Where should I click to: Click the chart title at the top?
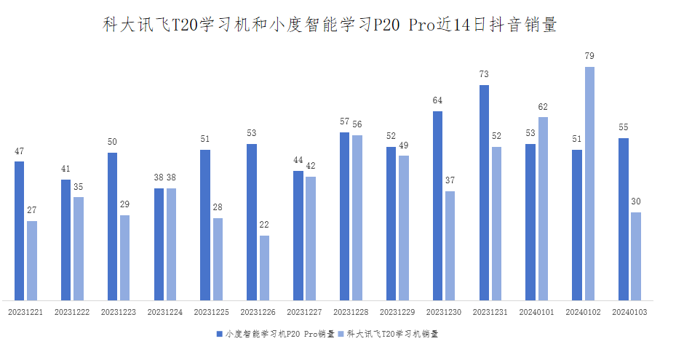[329, 25]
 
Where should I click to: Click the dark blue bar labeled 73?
[484, 192]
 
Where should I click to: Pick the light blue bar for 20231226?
[264, 268]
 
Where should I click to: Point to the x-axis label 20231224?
[165, 312]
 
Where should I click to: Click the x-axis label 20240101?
[536, 312]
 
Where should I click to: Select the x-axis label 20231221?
[25, 312]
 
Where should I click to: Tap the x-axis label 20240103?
[629, 312]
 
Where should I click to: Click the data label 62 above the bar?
[543, 107]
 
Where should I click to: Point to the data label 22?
[264, 225]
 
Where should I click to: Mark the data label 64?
[437, 100]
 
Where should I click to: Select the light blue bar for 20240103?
[636, 256]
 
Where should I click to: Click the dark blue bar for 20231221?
[20, 231]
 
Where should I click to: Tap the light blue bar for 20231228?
[357, 217]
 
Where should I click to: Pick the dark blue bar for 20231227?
[298, 235]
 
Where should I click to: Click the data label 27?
[32, 210]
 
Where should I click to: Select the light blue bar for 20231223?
[125, 257]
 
